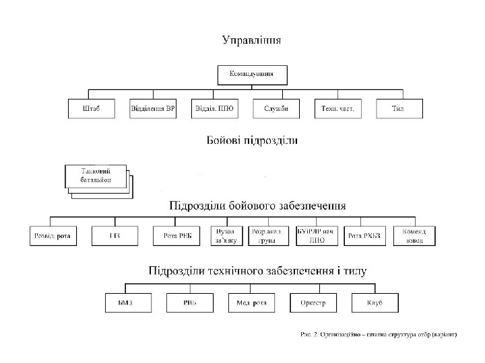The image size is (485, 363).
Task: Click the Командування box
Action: pyautogui.click(x=251, y=74)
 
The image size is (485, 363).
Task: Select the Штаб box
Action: pyautogui.click(x=92, y=109)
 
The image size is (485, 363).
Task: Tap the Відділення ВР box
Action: pyautogui.click(x=153, y=109)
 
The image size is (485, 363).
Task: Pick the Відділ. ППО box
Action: pyautogui.click(x=214, y=109)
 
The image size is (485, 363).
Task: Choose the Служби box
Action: pyautogui.click(x=276, y=109)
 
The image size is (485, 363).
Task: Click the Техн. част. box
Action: pyautogui.click(x=337, y=109)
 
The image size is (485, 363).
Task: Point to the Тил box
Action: pyautogui.click(x=399, y=109)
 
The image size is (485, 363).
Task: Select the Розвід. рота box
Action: pyautogui.click(x=53, y=235)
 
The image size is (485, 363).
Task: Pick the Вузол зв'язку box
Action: pyautogui.click(x=226, y=235)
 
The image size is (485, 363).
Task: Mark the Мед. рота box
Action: pyautogui.click(x=251, y=303)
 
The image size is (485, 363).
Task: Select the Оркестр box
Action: pyautogui.click(x=313, y=303)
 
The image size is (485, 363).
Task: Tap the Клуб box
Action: pyautogui.click(x=375, y=303)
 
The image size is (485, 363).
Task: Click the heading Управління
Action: pyautogui.click(x=252, y=40)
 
